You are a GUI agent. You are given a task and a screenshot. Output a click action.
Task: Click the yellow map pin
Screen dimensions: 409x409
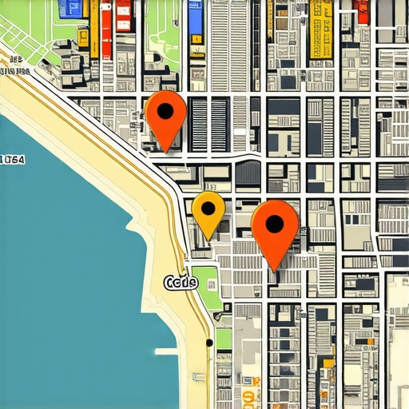pyautogui.click(x=208, y=212)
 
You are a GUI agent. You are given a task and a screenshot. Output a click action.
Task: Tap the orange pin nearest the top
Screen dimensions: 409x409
pyautogui.click(x=166, y=117)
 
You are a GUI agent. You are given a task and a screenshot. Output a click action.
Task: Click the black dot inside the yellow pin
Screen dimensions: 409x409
pyautogui.click(x=208, y=208)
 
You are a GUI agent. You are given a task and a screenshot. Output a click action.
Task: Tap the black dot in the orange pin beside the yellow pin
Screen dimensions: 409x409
pyautogui.click(x=274, y=224)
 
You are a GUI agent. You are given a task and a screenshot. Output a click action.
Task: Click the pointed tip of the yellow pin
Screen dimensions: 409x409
pyautogui.click(x=209, y=238)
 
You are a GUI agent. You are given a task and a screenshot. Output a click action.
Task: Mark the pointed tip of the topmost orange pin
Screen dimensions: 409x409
pyautogui.click(x=166, y=150)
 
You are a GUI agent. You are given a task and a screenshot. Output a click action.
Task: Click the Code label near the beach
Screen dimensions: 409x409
pyautogui.click(x=180, y=283)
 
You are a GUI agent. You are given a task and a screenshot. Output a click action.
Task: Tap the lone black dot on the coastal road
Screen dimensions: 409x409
pyautogui.click(x=209, y=343)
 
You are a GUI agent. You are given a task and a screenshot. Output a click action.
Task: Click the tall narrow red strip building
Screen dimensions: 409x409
pyautogui.click(x=105, y=28)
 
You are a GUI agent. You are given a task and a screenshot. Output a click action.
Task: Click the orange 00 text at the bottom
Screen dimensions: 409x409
pyautogui.click(x=248, y=397)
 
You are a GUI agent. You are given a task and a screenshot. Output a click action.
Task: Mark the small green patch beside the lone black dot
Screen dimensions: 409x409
pyautogui.click(x=224, y=339)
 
